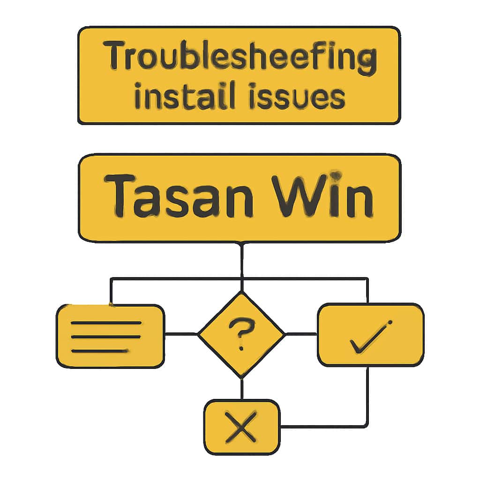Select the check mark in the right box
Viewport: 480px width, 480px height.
[x=370, y=337]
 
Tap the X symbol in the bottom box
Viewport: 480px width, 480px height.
[x=241, y=427]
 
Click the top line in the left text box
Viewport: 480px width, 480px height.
[x=105, y=323]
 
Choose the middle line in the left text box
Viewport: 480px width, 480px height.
[x=105, y=337]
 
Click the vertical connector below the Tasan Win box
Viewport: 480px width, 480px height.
[x=241, y=260]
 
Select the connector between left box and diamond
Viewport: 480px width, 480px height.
[x=181, y=334]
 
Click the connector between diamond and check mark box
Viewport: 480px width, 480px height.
[x=301, y=334]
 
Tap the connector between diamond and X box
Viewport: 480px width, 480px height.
[x=241, y=389]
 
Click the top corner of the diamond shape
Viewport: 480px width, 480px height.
[x=241, y=292]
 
